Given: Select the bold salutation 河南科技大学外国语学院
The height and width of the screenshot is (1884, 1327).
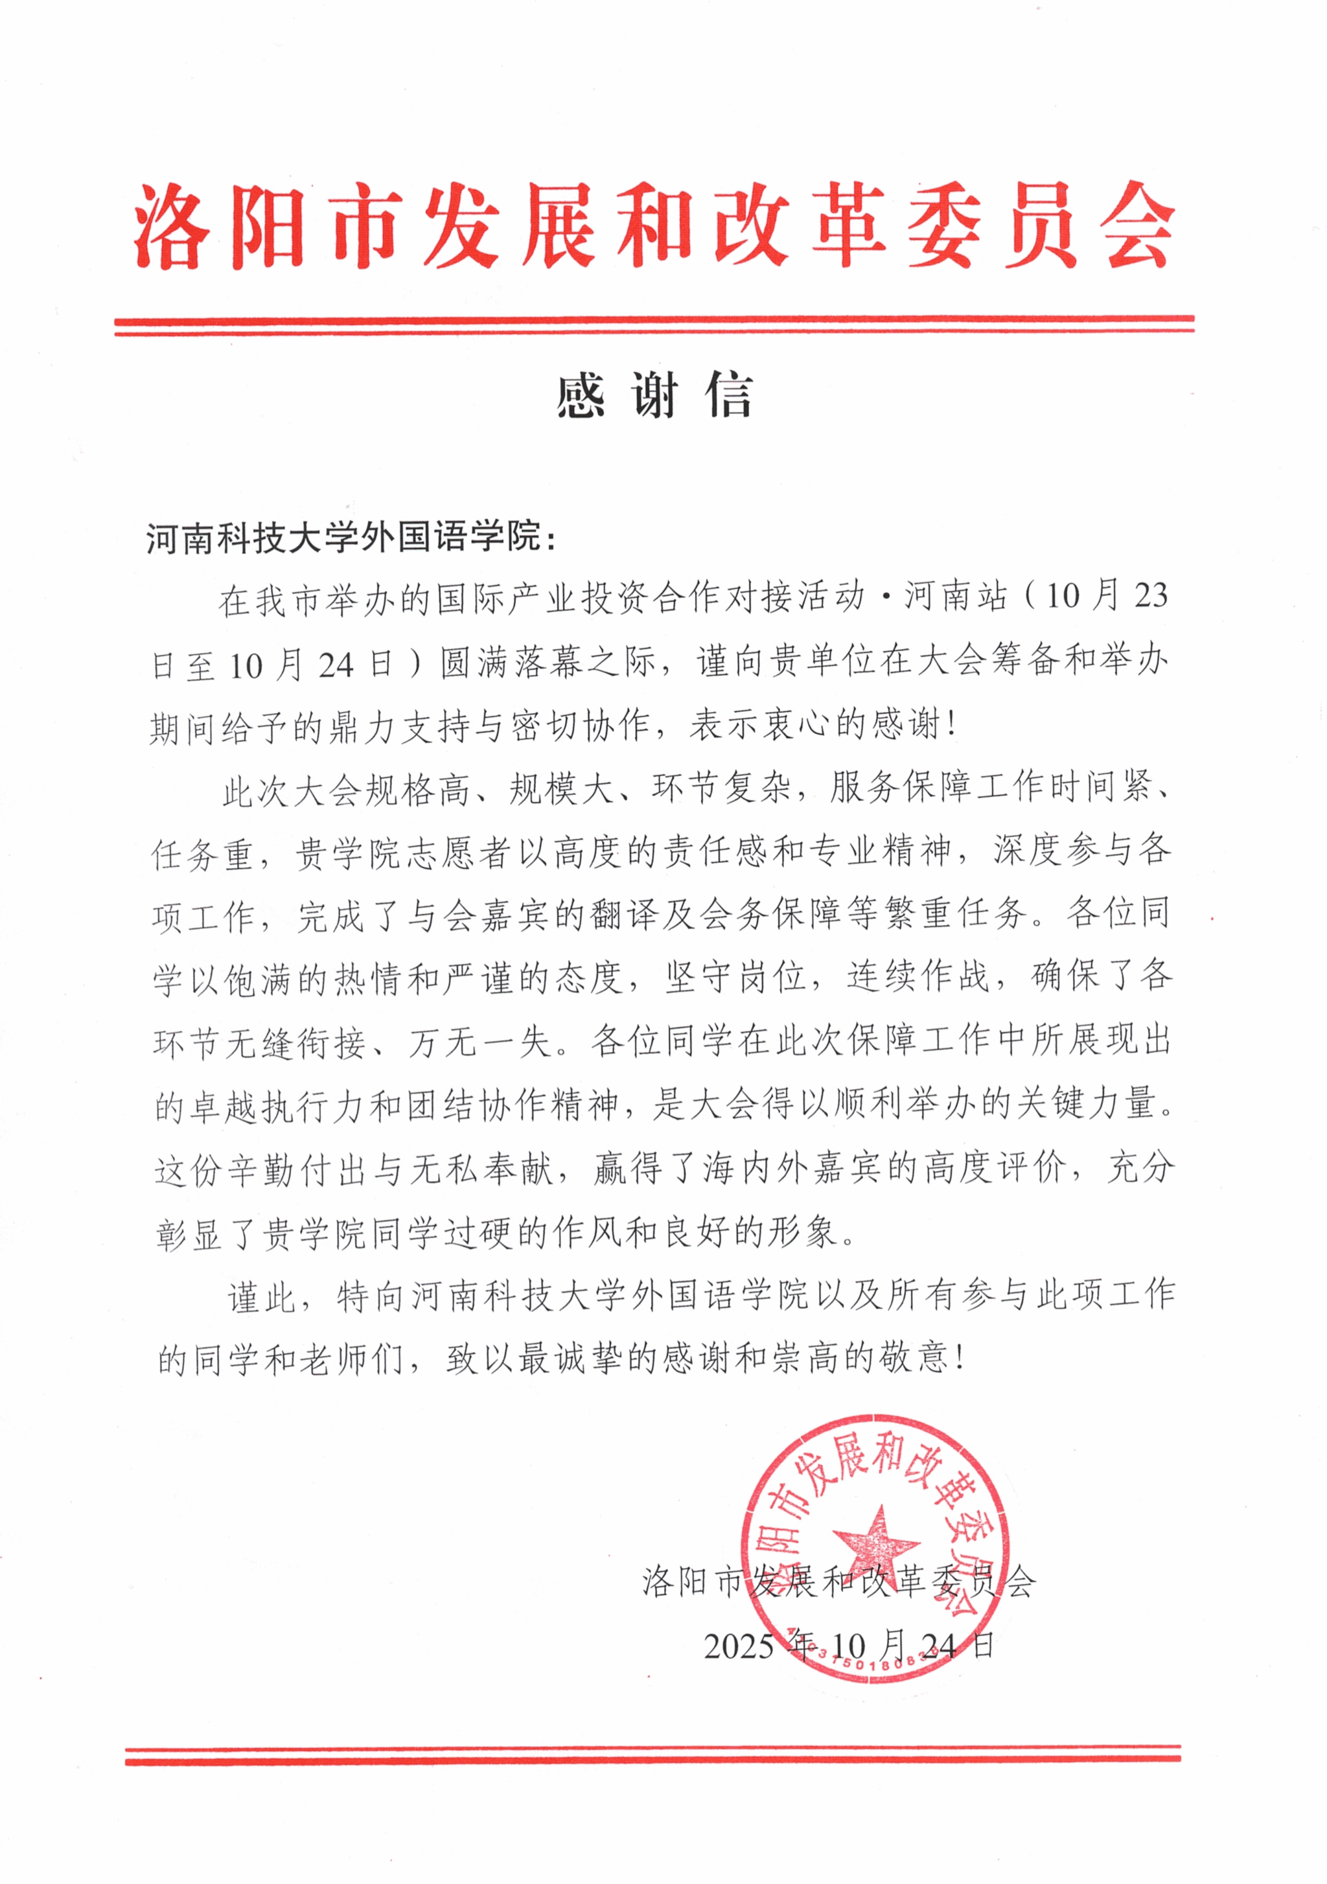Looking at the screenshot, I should [x=345, y=538].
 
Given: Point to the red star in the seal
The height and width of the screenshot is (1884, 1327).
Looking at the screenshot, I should [x=875, y=1542].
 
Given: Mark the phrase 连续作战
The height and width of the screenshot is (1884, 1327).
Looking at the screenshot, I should [x=918, y=977].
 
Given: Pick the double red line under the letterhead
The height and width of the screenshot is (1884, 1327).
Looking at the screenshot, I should [x=654, y=325].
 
